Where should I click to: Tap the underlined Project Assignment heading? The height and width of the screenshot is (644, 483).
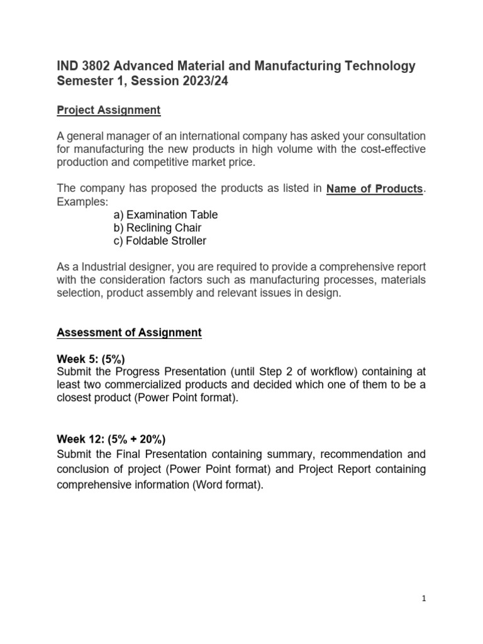tap(109, 110)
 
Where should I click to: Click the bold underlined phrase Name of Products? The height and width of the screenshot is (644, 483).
tap(375, 189)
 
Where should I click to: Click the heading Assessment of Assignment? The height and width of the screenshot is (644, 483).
tap(129, 333)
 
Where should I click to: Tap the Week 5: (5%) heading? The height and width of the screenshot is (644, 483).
tap(91, 359)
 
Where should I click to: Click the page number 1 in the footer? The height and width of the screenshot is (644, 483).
tap(425, 599)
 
